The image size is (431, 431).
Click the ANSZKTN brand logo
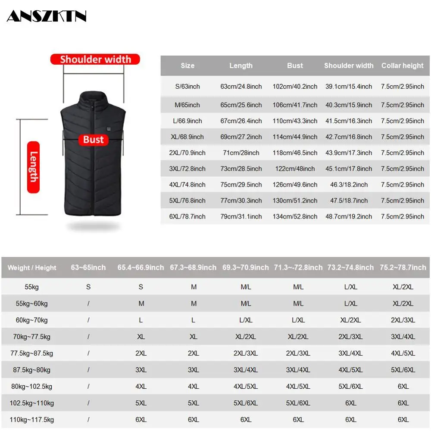(x=47, y=16)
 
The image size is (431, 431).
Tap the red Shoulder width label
(x=95, y=59)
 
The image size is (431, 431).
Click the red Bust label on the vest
(x=94, y=139)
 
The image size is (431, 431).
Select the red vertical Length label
(x=33, y=167)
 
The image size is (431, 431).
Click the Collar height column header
(x=402, y=66)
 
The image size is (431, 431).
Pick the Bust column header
(x=295, y=66)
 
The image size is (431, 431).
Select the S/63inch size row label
(x=187, y=87)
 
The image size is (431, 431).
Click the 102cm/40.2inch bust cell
(x=295, y=87)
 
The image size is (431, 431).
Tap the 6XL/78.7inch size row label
(x=187, y=216)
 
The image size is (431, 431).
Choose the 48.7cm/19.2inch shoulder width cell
(x=349, y=216)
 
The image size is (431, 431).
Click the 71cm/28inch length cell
(x=241, y=153)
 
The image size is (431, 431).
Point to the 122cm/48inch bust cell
(x=295, y=169)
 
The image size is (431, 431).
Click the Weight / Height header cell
(x=32, y=268)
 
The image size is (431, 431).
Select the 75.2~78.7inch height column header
(x=403, y=268)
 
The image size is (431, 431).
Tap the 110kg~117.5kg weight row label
(x=32, y=419)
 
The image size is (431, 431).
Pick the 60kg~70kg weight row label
(x=32, y=320)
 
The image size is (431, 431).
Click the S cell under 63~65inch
(x=88, y=287)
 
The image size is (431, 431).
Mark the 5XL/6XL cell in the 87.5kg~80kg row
(x=403, y=370)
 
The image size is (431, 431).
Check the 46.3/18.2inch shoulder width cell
(x=349, y=184)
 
